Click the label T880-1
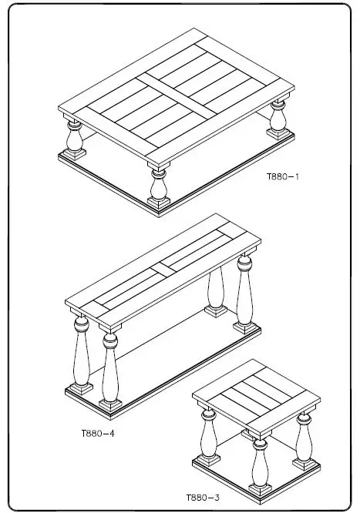point(283,177)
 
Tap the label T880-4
point(98,433)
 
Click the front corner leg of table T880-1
point(159,185)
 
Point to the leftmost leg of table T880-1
point(76,139)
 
